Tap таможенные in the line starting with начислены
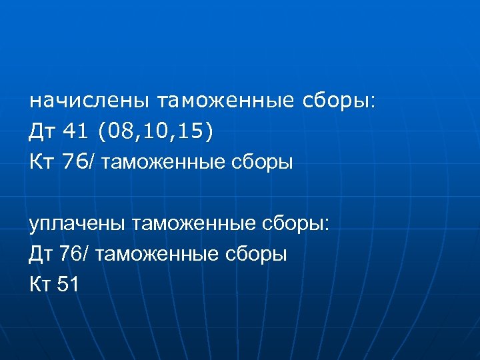[225, 101]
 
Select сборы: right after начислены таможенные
[341, 101]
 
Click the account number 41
[77, 132]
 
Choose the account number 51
[69, 285]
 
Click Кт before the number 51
[41, 285]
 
